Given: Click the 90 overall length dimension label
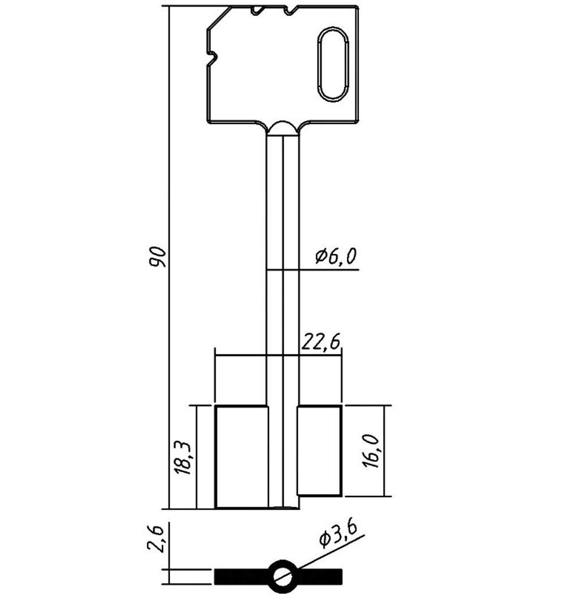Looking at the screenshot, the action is pyautogui.click(x=158, y=257).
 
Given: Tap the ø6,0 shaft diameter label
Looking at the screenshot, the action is pyautogui.click(x=336, y=256).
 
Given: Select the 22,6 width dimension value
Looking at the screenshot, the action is pyautogui.click(x=321, y=341).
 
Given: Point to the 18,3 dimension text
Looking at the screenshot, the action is pyautogui.click(x=182, y=458).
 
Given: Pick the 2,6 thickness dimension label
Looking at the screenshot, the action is pyautogui.click(x=157, y=539).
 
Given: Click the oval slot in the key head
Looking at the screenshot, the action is pyautogui.click(x=333, y=65).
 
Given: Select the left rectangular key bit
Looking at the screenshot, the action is pyautogui.click(x=242, y=457).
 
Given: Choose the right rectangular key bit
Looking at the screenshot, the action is pyautogui.click(x=319, y=451).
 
